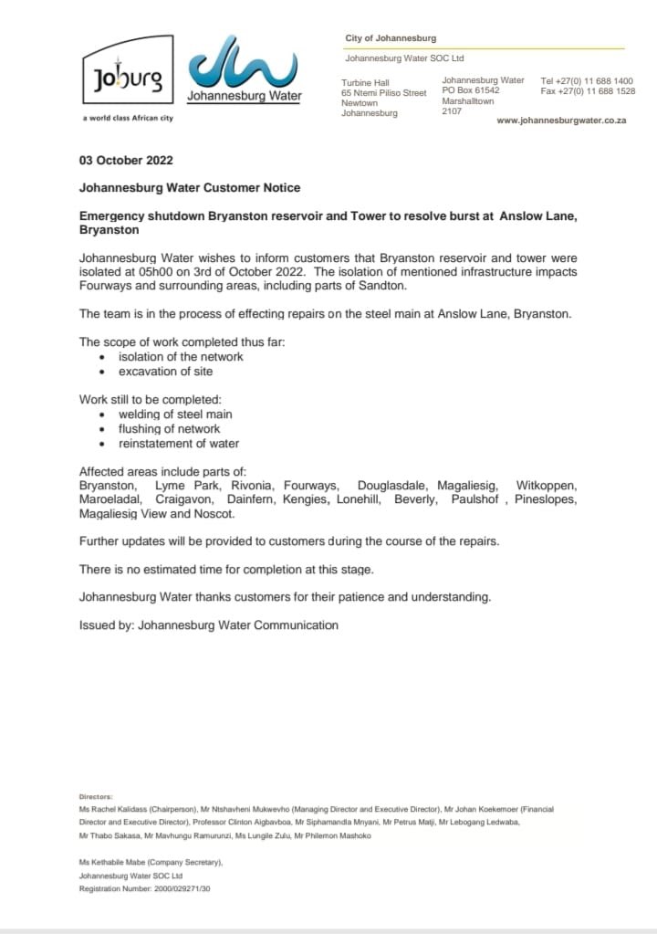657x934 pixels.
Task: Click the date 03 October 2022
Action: pyautogui.click(x=126, y=161)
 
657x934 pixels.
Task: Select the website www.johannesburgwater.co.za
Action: pyautogui.click(x=561, y=121)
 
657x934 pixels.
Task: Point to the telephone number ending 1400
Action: pyautogui.click(x=587, y=81)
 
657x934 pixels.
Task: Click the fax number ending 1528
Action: pyautogui.click(x=588, y=91)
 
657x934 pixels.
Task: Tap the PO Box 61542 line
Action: pyautogui.click(x=471, y=91)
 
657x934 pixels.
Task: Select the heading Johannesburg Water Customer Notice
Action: pyautogui.click(x=190, y=188)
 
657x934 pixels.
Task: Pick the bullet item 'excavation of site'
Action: pyautogui.click(x=166, y=372)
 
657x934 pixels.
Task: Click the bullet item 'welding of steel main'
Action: pyautogui.click(x=175, y=415)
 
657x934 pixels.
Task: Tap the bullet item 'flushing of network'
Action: pyautogui.click(x=169, y=429)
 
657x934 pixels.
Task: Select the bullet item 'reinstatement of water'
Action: pyautogui.click(x=179, y=444)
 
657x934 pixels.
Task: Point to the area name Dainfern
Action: pyautogui.click(x=252, y=500)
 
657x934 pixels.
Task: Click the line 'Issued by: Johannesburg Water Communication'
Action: pyautogui.click(x=209, y=625)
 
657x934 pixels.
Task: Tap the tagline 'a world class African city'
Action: pyautogui.click(x=127, y=118)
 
